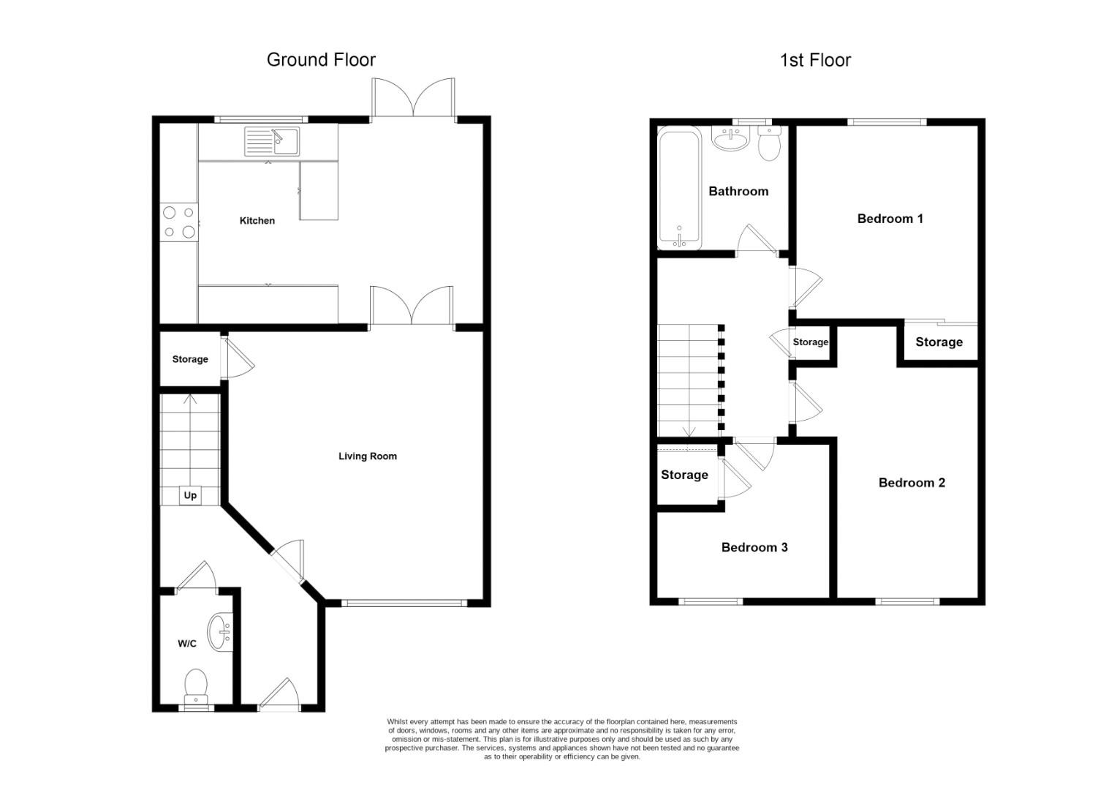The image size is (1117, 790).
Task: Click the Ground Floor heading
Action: tap(321, 60)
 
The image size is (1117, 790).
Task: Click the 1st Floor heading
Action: tap(815, 61)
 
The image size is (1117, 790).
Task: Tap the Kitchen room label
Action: tap(257, 221)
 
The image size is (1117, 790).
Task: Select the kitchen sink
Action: tap(272, 141)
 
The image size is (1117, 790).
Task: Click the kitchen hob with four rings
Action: tap(179, 222)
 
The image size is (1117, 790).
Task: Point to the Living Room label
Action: tap(368, 456)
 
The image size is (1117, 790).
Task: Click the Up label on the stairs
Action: tap(190, 495)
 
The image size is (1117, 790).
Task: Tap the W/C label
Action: tap(187, 644)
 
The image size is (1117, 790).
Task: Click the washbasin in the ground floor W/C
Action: tap(220, 632)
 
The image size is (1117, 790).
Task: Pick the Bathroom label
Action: tap(738, 191)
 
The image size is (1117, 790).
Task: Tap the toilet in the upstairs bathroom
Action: tap(769, 143)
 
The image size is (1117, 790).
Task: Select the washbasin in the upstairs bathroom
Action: tap(730, 138)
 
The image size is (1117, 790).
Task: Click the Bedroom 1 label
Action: tap(890, 219)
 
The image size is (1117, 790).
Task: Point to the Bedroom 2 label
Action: tap(912, 483)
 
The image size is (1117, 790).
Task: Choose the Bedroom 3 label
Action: tap(754, 547)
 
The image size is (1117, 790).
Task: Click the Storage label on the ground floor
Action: tap(190, 359)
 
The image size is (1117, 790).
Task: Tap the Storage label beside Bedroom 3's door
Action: tap(684, 475)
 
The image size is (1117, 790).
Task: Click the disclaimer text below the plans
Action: tap(562, 739)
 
